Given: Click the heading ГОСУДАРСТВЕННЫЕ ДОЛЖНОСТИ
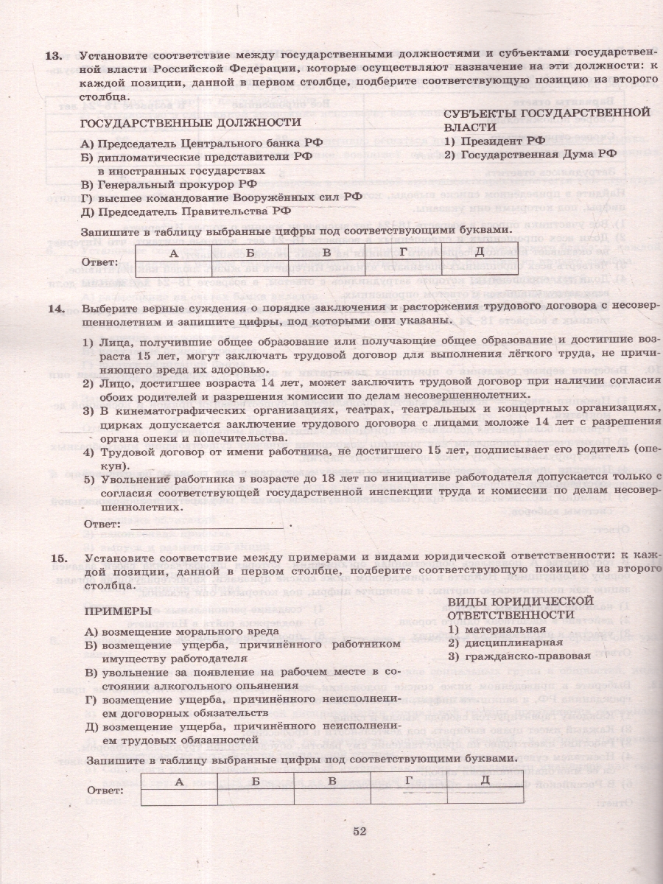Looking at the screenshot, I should [x=190, y=123].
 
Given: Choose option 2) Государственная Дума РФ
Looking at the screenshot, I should [x=530, y=154].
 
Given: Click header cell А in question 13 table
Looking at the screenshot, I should [x=174, y=253].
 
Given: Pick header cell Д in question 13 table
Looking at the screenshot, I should [x=478, y=253].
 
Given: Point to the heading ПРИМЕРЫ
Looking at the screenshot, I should [x=117, y=611].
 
